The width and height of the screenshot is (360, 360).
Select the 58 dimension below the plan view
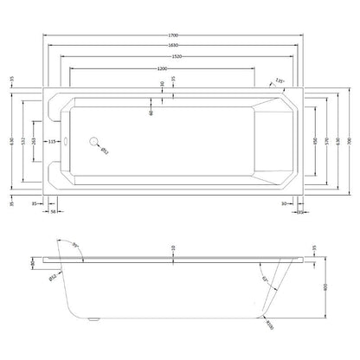[54, 210]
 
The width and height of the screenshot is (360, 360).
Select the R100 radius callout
[273, 324]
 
